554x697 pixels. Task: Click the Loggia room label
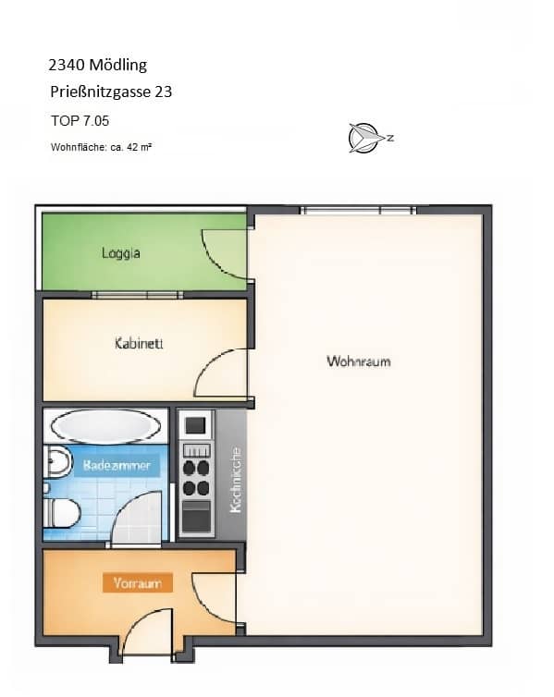coord(121,252)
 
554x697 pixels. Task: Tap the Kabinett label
coord(139,344)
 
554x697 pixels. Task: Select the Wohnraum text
coord(358,361)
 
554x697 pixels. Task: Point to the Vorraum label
coord(137,583)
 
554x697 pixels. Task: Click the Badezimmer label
coord(117,466)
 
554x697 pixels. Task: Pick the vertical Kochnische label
coord(235,481)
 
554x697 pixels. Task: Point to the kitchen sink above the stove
coord(196,425)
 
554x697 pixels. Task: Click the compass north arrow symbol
coord(363,138)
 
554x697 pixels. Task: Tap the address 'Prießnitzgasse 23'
coord(111,92)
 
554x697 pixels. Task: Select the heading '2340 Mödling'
coord(97,65)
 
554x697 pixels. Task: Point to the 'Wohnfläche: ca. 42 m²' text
coord(101,147)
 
